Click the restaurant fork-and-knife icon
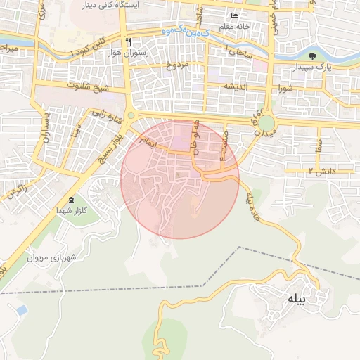(127, 41)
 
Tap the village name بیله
(297, 299)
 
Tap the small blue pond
(22, 309)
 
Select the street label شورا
(285, 89)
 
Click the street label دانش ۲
(320, 171)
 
